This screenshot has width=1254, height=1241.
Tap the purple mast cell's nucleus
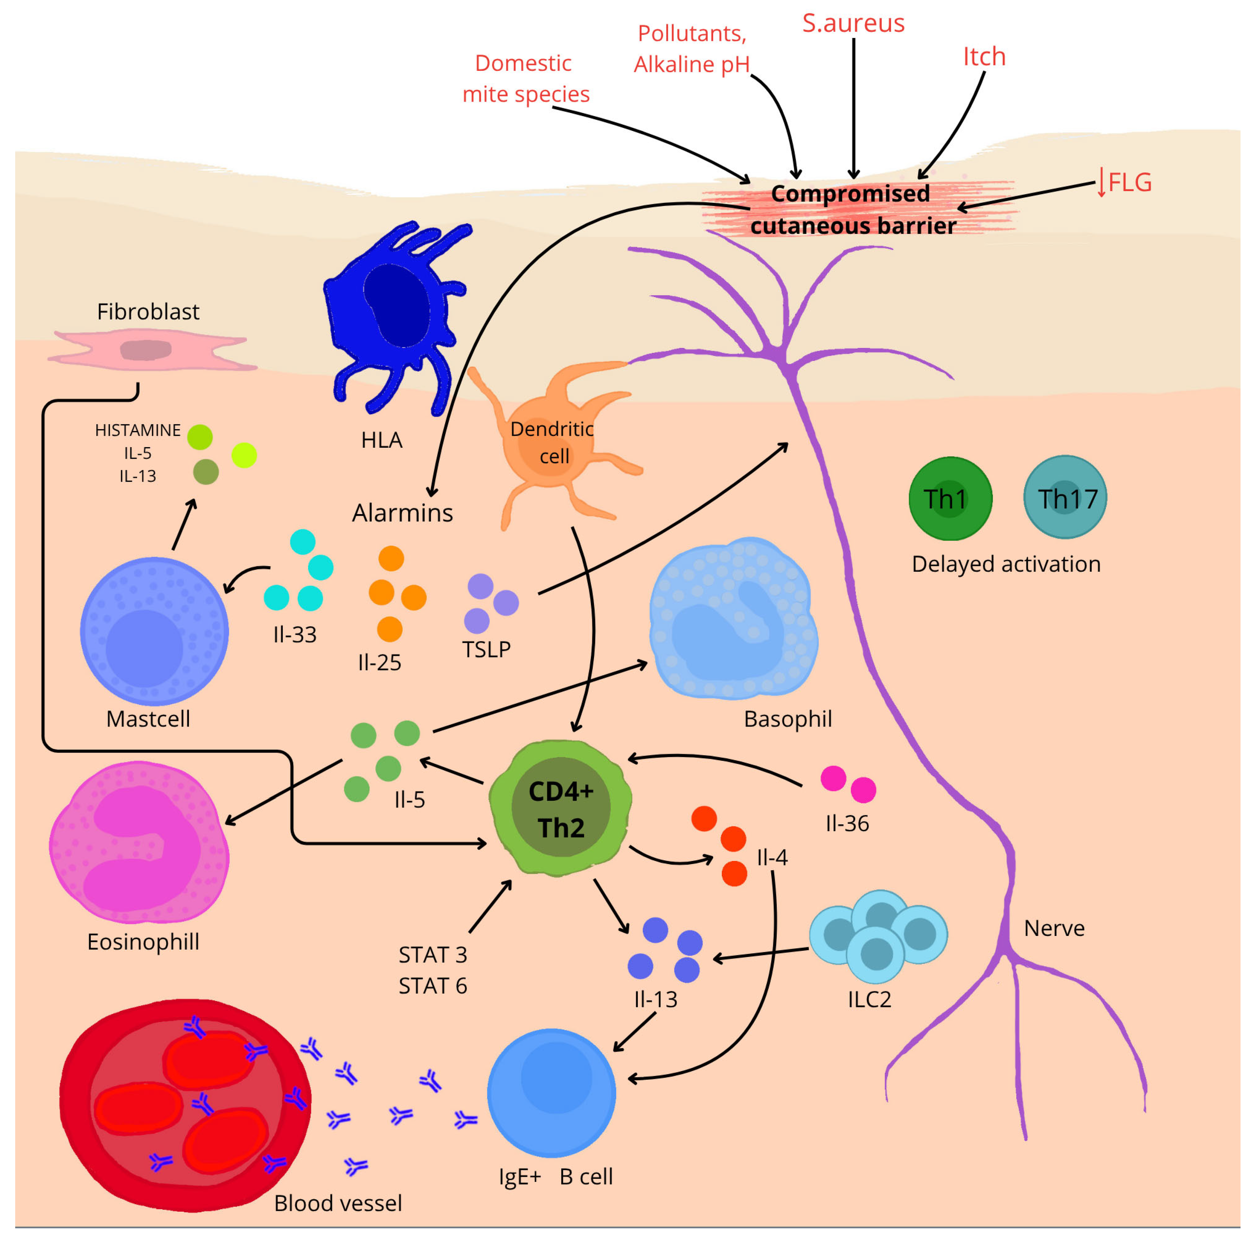144,647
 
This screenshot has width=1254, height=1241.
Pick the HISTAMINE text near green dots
137,430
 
